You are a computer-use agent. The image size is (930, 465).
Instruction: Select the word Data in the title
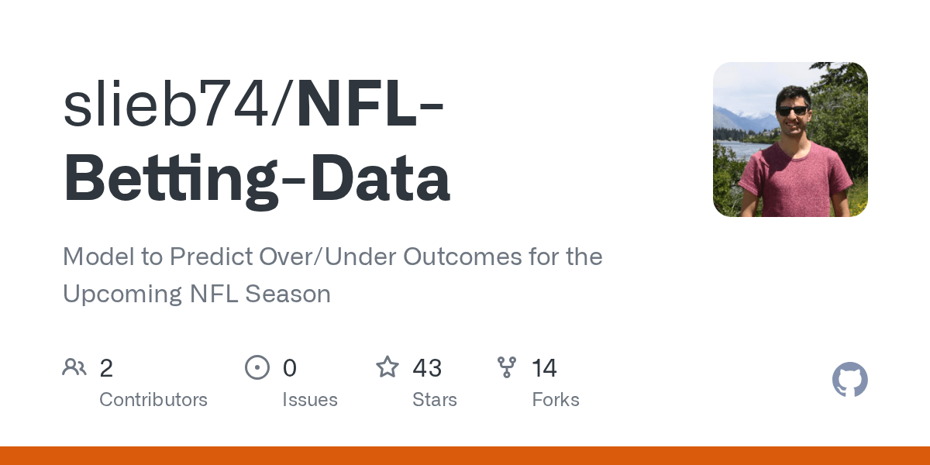coord(380,177)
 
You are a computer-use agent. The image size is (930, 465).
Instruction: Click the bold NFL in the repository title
coord(357,102)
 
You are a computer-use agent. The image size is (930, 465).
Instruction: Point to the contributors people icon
coord(74,367)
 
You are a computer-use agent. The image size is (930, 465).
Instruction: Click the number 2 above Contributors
coord(106,368)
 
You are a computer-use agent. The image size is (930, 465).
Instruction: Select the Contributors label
coord(153,399)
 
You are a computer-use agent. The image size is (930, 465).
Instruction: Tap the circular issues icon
coord(257,367)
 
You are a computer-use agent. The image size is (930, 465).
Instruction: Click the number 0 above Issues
coord(290,368)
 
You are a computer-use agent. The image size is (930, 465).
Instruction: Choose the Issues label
coord(310,399)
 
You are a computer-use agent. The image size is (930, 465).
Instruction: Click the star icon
coord(387,367)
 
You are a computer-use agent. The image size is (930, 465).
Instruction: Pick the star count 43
coord(427,368)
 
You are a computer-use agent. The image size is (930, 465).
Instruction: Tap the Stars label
coord(434,399)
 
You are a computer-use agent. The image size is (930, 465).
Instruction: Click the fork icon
coord(507,367)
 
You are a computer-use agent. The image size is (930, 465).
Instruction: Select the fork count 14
coord(544,368)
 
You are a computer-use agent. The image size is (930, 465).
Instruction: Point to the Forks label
coord(556,399)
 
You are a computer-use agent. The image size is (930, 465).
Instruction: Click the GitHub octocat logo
coord(850,380)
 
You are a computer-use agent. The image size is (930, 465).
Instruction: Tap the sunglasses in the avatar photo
coord(793,112)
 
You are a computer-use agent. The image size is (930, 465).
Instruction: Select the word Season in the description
coord(288,294)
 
